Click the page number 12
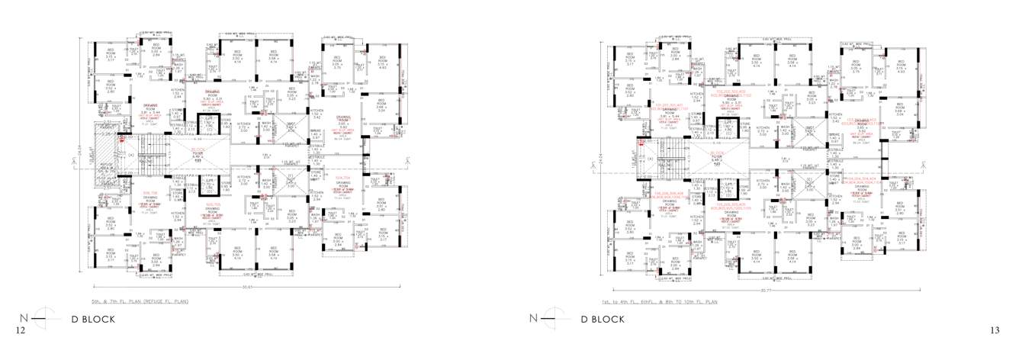tap(21, 329)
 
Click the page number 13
tap(994, 329)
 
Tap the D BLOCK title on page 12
tap(93, 319)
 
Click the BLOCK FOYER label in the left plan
tap(197, 155)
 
